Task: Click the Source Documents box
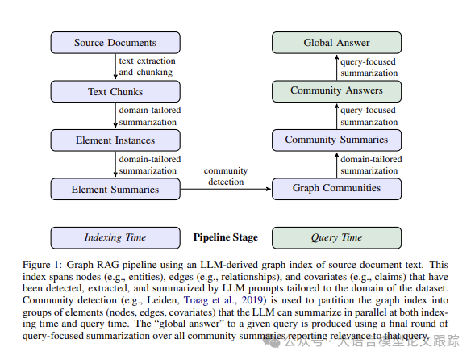coord(115,43)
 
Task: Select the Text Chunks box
coord(115,91)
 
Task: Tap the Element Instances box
coord(115,140)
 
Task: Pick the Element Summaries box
coord(115,189)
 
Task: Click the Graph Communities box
coord(336,189)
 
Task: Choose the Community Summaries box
coord(336,140)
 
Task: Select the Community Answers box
coord(336,91)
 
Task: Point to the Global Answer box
coord(336,43)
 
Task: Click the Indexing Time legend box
coord(115,238)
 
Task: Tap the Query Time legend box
coord(336,238)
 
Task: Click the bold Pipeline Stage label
coord(226,237)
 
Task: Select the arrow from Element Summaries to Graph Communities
coord(226,189)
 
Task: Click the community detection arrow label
coord(226,176)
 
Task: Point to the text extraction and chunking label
coord(148,66)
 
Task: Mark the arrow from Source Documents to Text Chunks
coord(115,67)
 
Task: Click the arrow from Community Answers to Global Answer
coord(336,67)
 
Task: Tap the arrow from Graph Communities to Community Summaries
coord(336,165)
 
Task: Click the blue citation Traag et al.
coord(208,300)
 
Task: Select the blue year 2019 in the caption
coord(252,300)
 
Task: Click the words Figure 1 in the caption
coord(40,265)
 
